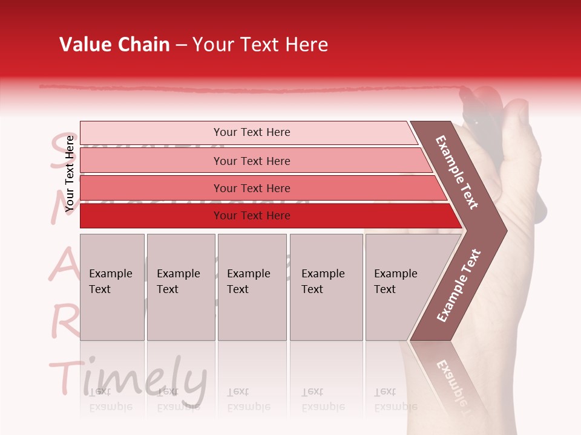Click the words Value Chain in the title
pos(114,45)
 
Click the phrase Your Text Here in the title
pos(260,45)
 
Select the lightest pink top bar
pos(251,132)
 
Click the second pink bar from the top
pos(251,161)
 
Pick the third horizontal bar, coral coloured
pos(251,188)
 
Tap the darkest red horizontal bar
pos(251,216)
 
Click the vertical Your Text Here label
pos(70,173)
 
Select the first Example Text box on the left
pos(112,287)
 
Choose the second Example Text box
pos(180,287)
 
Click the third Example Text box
pos(252,287)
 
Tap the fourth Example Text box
pos(326,287)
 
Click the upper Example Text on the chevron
pos(458,172)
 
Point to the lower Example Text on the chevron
pos(459,285)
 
